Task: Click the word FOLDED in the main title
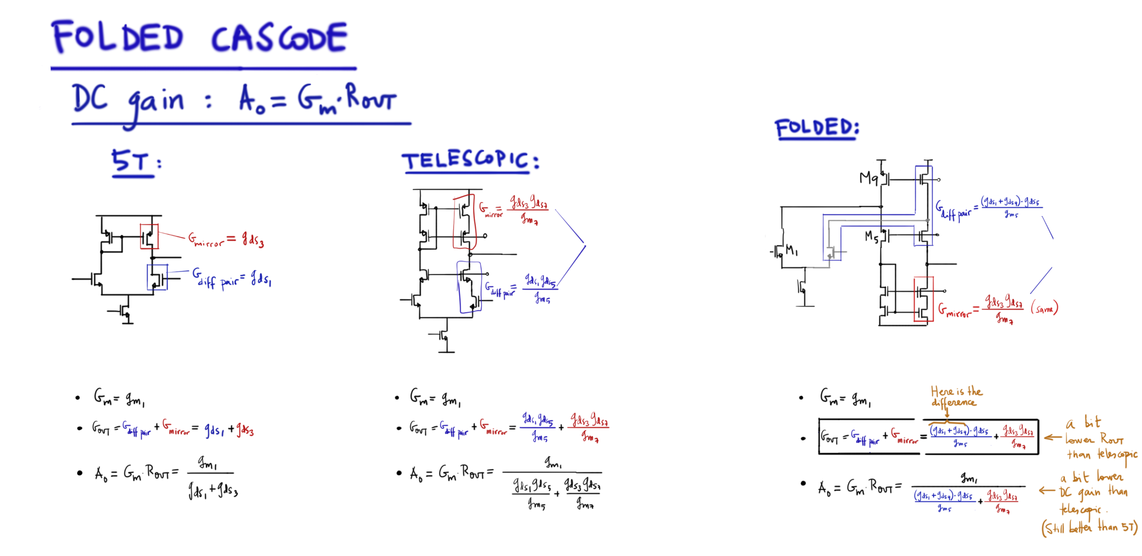118,37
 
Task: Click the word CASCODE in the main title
279,38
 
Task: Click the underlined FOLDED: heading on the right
816,128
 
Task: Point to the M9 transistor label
869,178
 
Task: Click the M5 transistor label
872,237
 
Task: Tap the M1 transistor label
791,251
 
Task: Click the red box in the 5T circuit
149,236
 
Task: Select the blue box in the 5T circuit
157,277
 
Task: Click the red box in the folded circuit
923,299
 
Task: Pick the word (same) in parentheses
1044,308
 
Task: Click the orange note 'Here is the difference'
955,397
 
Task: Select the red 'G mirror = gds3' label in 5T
225,240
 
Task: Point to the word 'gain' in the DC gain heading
156,103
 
